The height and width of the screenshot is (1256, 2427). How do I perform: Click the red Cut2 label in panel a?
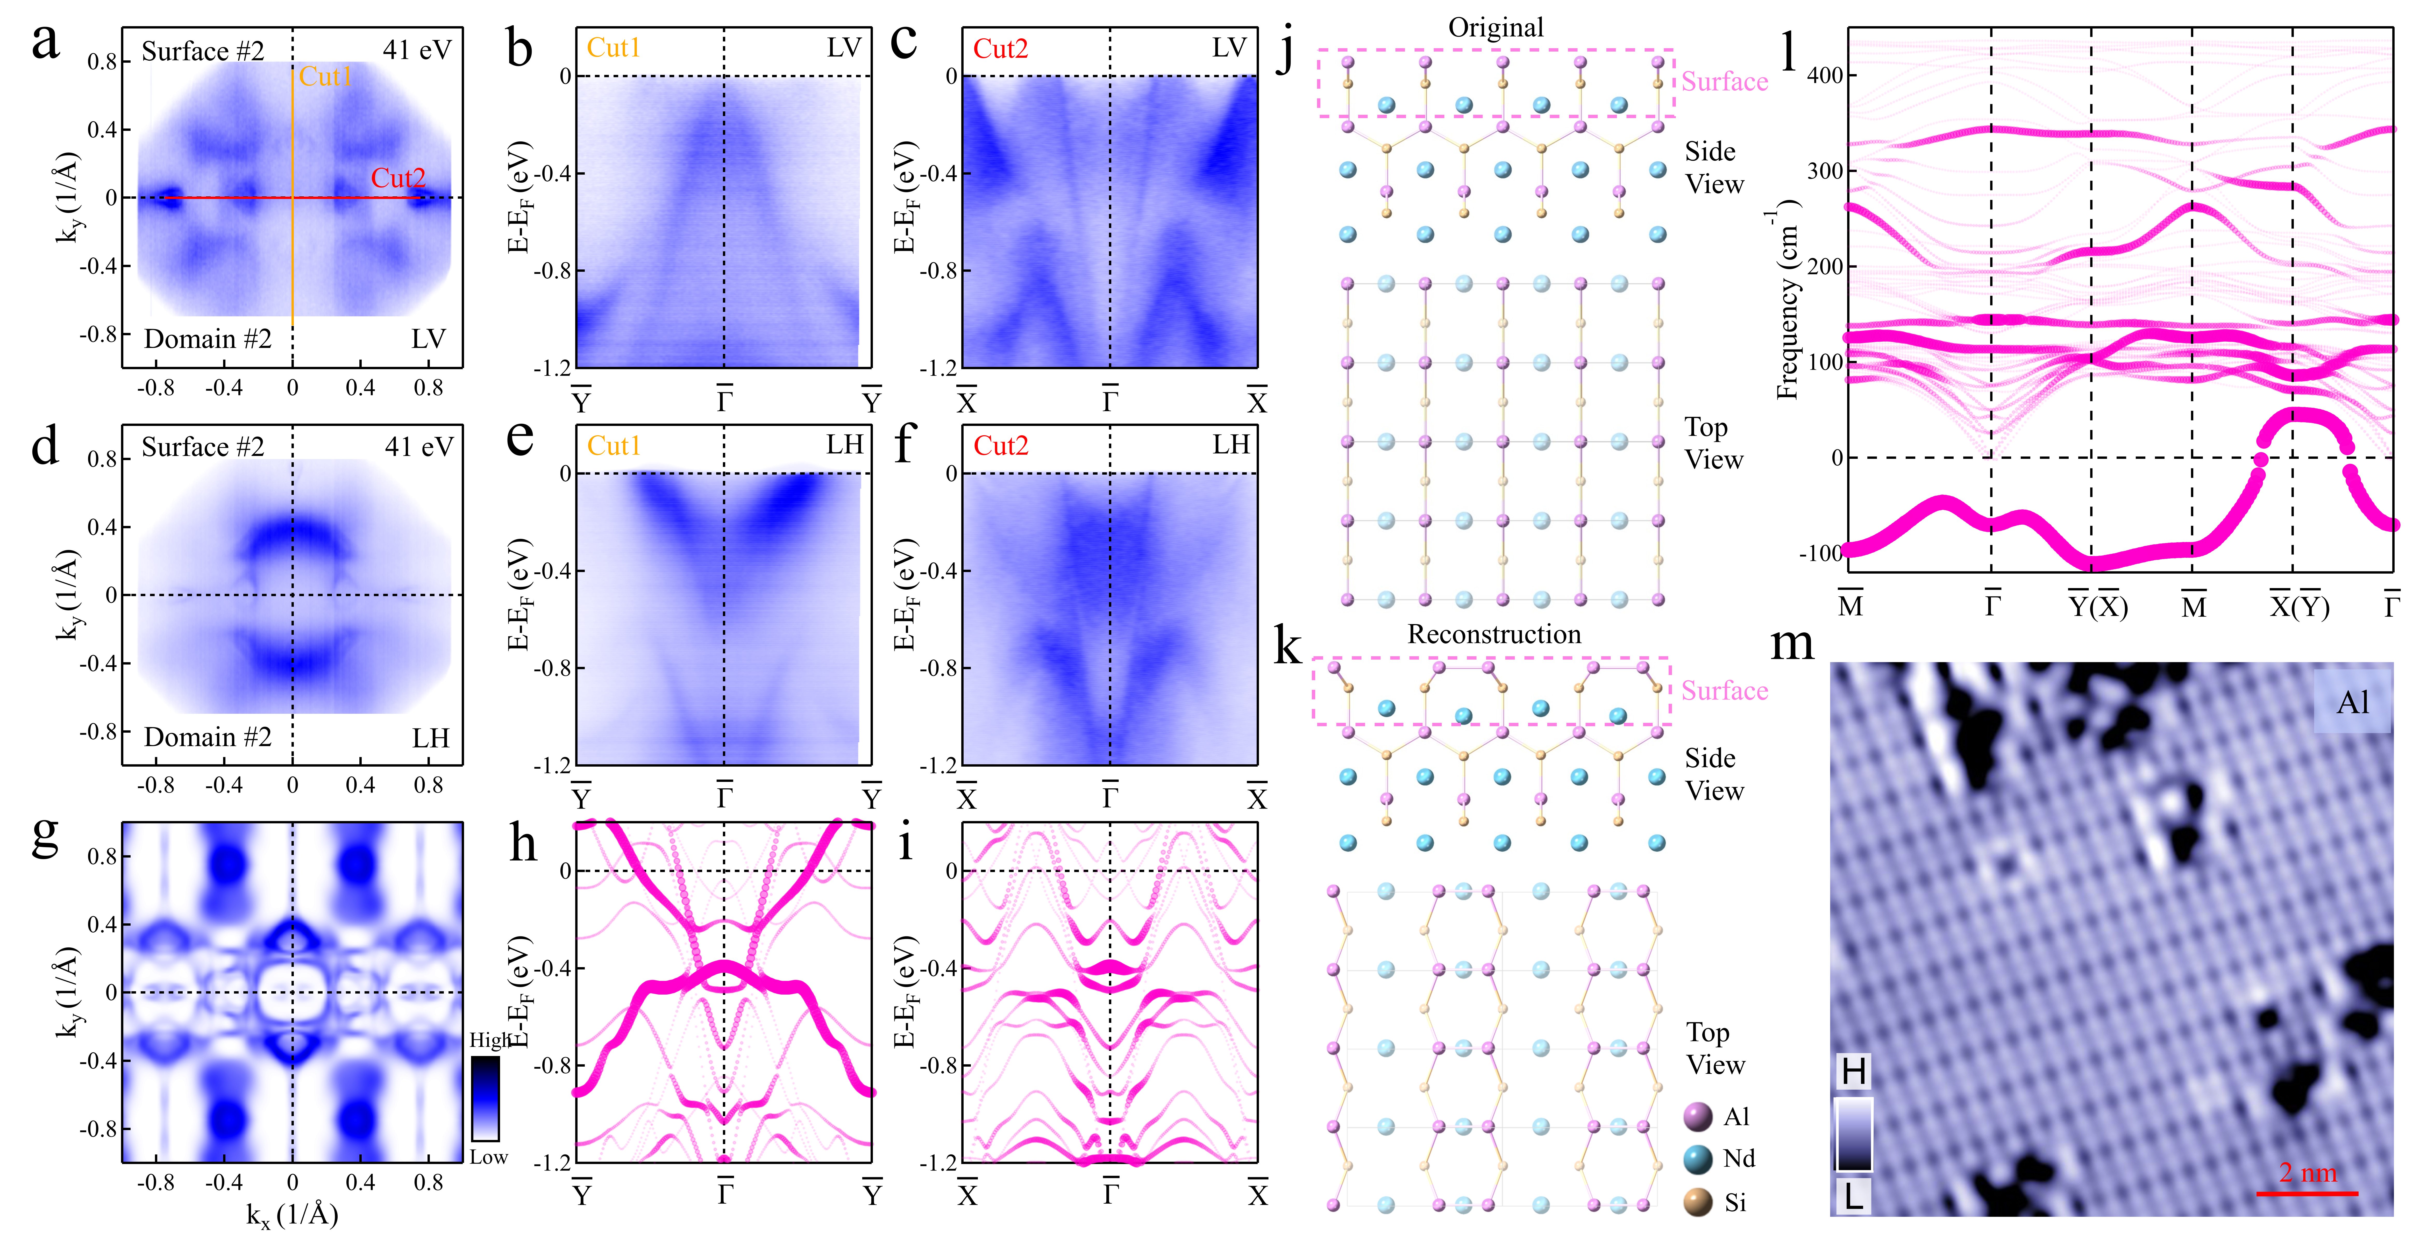[398, 178]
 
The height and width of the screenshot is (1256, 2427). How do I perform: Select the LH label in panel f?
[1230, 445]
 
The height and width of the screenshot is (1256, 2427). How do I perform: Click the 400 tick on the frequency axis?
[1825, 75]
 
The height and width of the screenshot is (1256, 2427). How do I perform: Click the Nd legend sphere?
[1698, 1159]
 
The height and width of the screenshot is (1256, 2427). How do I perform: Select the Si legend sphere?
[1698, 1202]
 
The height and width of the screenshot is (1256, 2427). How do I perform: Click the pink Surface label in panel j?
[1724, 82]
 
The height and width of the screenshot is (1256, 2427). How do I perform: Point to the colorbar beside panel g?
[485, 1099]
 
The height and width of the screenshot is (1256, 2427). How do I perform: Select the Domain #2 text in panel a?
[207, 339]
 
